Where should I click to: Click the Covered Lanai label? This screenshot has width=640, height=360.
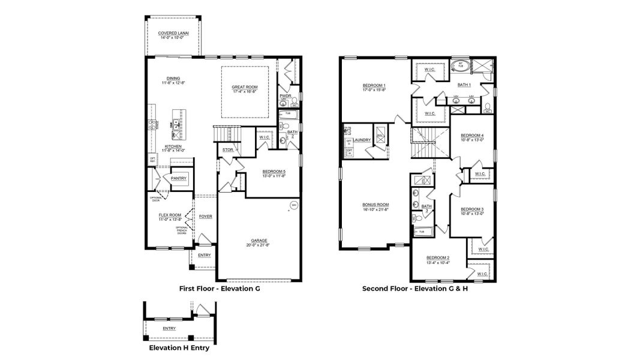(173, 33)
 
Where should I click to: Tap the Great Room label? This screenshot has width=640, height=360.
(244, 87)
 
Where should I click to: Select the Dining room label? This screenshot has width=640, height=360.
(173, 78)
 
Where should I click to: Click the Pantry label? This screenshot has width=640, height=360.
(179, 178)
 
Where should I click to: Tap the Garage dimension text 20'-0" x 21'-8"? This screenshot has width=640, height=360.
(259, 245)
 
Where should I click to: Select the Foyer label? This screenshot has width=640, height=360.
(206, 217)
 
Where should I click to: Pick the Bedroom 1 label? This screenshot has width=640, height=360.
(374, 85)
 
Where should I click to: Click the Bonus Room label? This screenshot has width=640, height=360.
(375, 205)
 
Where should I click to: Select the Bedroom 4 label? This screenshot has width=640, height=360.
(472, 136)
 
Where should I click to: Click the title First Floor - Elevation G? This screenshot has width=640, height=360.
(220, 289)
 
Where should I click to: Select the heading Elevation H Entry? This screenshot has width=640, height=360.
(179, 347)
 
